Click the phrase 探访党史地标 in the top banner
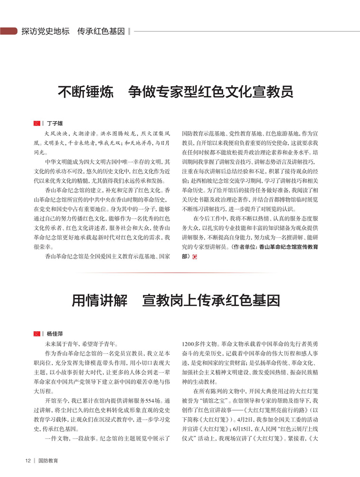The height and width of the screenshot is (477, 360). point(45,31)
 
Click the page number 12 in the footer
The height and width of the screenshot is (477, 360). point(28,460)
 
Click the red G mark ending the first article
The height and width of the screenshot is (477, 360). point(194,257)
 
